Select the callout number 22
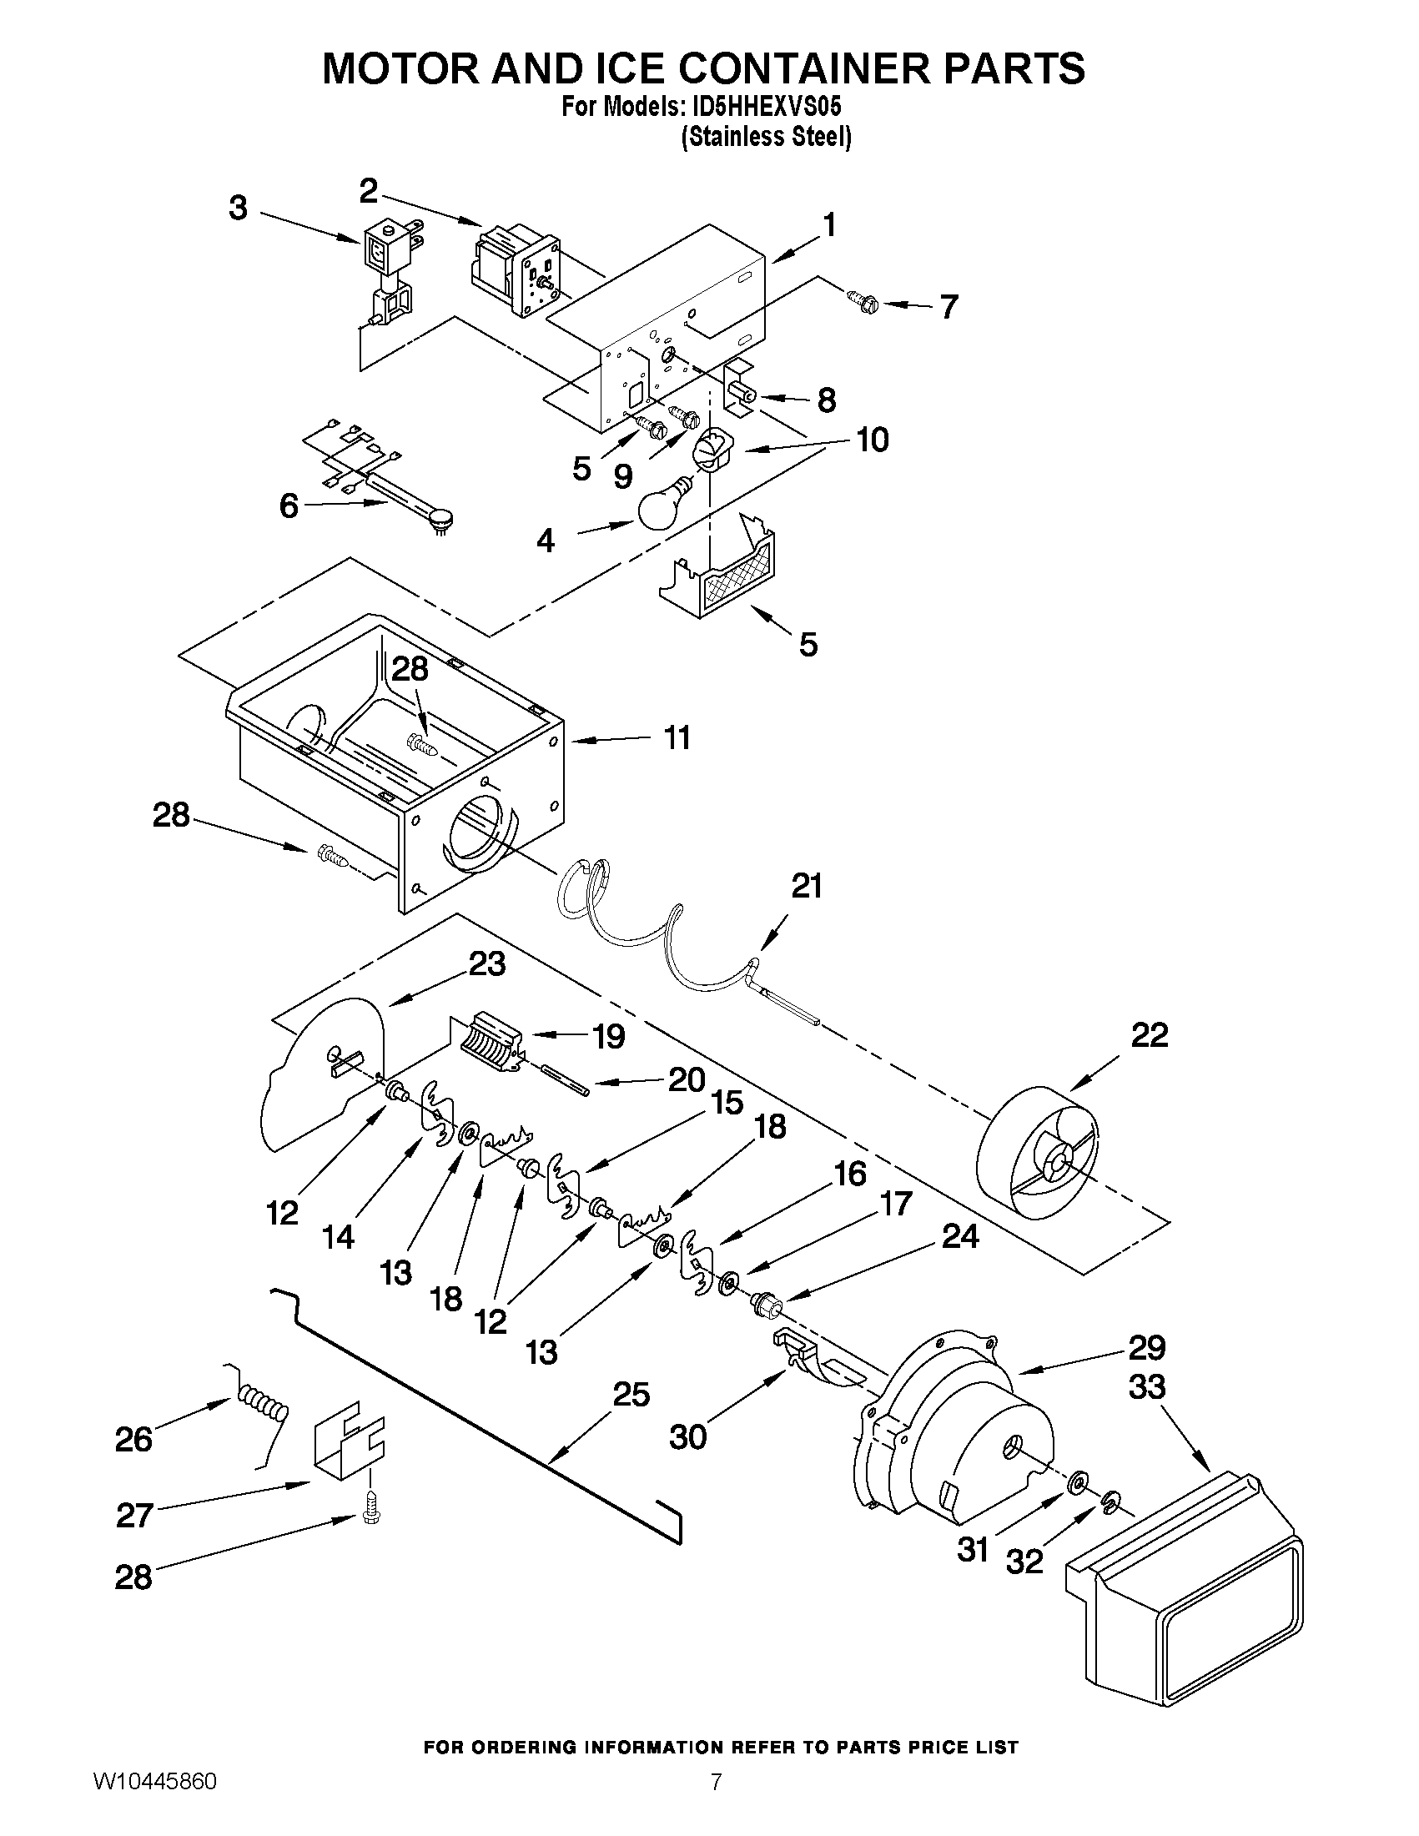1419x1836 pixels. (x=1150, y=1035)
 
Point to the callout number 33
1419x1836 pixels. (x=1148, y=1386)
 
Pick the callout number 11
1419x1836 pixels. (x=677, y=737)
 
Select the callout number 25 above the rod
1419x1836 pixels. (x=632, y=1395)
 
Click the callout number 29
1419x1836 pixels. (x=1148, y=1347)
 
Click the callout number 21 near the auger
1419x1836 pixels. (x=806, y=886)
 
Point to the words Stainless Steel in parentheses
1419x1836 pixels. (x=766, y=136)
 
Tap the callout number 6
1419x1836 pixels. (x=289, y=506)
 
